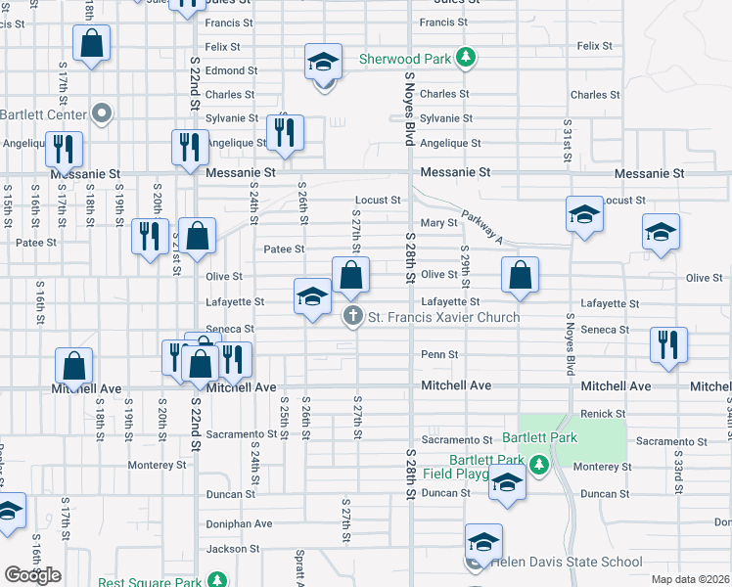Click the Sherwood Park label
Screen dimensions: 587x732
[404, 59]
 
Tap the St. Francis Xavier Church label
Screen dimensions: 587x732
[442, 318]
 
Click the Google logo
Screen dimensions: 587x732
[32, 575]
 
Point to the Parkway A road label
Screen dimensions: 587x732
[480, 230]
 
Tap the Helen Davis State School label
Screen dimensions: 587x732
[567, 563]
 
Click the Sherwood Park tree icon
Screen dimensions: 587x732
[468, 58]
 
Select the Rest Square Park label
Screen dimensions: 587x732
[153, 581]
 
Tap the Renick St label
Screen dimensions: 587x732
[603, 415]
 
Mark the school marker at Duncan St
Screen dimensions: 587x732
[507, 485]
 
